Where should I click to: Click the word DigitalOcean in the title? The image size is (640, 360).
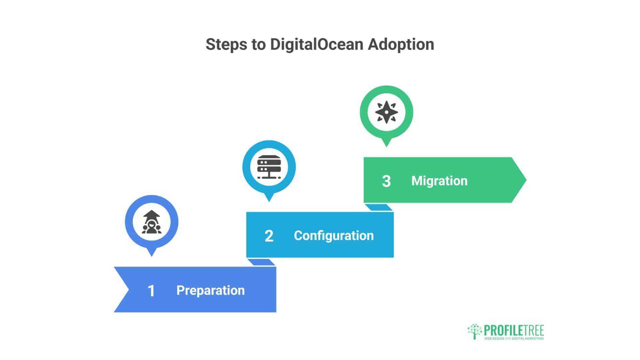tap(316, 44)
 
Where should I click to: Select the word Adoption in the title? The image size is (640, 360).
tap(401, 44)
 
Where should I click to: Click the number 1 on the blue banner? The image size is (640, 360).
tap(151, 291)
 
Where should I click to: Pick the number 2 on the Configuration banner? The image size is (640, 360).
tap(269, 236)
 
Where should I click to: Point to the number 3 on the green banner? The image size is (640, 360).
tap(386, 181)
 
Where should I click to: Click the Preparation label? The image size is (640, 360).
tap(210, 290)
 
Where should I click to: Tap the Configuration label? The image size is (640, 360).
tap(334, 236)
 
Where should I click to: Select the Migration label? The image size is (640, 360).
tap(439, 181)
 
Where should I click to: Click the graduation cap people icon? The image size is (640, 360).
tap(152, 222)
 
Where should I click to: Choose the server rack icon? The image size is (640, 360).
tap(269, 167)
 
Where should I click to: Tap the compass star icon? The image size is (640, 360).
tap(386, 112)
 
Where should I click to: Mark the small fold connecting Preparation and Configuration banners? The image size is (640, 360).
tap(261, 262)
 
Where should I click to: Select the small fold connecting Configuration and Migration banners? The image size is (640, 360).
tap(379, 207)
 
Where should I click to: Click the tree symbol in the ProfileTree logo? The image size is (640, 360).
tap(475, 331)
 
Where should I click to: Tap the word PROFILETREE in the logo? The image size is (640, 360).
tap(514, 331)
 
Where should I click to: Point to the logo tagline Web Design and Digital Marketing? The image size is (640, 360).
tap(514, 339)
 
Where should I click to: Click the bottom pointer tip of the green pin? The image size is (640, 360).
tap(386, 145)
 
